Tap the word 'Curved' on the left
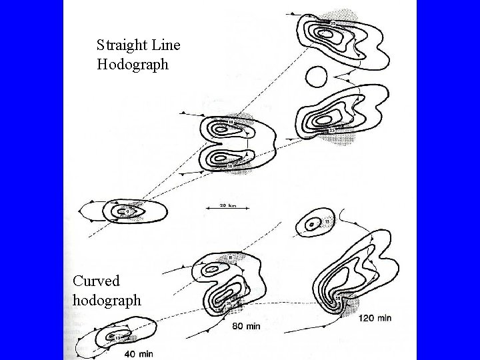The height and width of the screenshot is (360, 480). (96, 281)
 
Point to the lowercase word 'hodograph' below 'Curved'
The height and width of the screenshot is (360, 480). (107, 300)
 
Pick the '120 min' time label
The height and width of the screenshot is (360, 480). (375, 317)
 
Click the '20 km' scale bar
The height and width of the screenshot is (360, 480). (218, 207)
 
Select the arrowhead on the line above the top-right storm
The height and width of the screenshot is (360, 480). (290, 13)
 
